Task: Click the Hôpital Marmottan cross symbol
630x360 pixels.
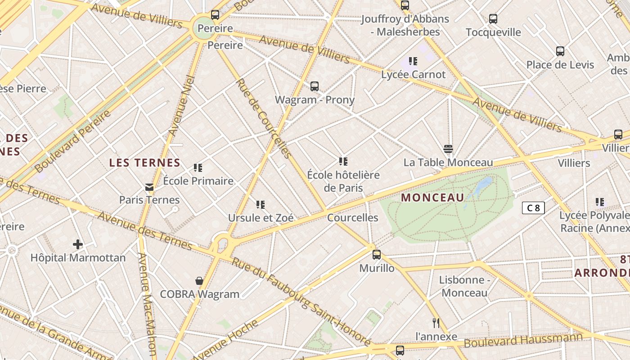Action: point(78,244)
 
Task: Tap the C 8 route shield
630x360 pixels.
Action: point(533,208)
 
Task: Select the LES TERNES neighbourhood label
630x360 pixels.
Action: point(144,163)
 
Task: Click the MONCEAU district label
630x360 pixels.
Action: point(432,198)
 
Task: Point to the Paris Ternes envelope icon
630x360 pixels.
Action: point(149,187)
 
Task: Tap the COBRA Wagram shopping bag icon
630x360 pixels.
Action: point(199,281)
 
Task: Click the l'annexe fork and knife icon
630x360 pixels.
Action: point(436,323)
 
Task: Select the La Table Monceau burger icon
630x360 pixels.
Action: point(448,149)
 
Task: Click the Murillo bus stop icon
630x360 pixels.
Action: point(377,255)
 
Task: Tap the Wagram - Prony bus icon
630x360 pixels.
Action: point(315,86)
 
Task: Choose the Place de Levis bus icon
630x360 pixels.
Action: point(560,51)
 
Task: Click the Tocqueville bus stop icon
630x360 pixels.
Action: point(493,19)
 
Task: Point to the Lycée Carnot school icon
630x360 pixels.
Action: point(413,61)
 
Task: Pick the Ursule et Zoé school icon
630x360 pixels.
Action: point(260,205)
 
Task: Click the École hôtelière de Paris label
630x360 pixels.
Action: point(343,181)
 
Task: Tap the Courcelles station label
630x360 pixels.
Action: point(352,218)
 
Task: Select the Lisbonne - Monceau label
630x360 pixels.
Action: point(464,286)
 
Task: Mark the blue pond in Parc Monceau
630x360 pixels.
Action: point(482,184)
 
